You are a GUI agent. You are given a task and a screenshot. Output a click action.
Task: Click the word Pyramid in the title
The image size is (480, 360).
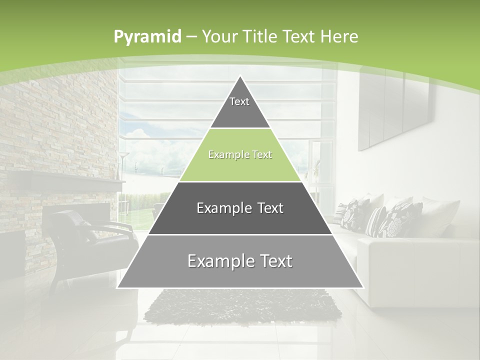click(x=147, y=37)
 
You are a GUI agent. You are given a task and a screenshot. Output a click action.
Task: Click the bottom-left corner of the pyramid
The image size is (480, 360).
click(x=118, y=287)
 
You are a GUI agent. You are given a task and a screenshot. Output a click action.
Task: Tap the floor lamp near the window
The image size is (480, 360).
click(x=123, y=165)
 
